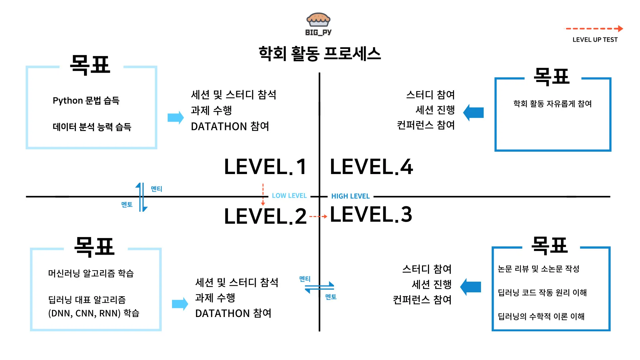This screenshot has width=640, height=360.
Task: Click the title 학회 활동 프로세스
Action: pos(320,54)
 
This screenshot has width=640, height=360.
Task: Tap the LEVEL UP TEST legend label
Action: pos(595,40)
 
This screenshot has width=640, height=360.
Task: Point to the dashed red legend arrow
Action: pos(594,29)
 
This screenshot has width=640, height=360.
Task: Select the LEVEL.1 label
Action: pos(265,167)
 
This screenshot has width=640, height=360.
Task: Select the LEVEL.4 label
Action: pos(371,167)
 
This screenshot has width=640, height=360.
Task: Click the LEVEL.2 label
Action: pos(265,216)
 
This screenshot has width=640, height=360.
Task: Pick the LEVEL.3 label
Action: pos(371,214)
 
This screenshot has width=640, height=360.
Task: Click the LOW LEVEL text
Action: pos(289,196)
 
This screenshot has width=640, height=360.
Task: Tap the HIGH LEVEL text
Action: pos(350,196)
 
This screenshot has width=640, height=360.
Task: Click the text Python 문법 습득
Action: pos(86,100)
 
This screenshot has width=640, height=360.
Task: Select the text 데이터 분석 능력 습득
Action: pos(92,127)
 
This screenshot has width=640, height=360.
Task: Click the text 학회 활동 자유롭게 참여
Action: pos(552,104)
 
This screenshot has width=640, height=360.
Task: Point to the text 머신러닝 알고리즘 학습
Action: pos(91,273)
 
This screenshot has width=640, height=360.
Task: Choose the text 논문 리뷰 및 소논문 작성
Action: pos(538,269)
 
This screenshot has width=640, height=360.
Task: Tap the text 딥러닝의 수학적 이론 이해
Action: pos(541,316)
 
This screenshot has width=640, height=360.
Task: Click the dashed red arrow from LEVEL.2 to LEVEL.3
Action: pos(318,217)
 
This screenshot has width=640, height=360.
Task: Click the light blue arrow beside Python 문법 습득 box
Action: pos(176,117)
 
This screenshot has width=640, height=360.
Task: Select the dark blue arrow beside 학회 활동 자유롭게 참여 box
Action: pos(473,113)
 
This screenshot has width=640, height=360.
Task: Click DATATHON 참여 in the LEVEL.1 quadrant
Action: pos(230,126)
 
